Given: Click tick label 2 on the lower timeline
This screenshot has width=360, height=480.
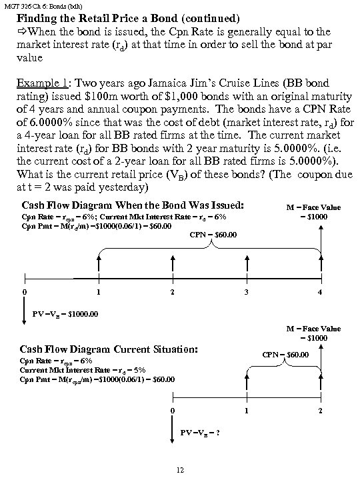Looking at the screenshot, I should [x=321, y=409].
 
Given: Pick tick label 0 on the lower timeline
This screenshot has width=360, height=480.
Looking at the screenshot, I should [x=173, y=409].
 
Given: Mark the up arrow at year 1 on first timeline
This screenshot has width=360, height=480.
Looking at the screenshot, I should [x=99, y=263].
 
